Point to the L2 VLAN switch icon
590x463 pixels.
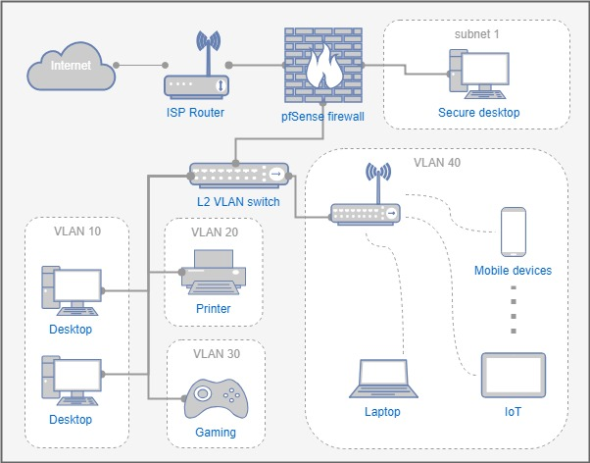point(237,175)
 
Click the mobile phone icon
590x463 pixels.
point(513,231)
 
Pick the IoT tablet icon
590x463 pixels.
point(513,375)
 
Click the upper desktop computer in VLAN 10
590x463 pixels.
point(72,290)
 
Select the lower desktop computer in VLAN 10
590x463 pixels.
point(72,382)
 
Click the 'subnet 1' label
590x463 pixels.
point(476,34)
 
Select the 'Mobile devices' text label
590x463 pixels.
point(513,270)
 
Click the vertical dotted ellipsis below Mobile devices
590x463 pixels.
point(513,310)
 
